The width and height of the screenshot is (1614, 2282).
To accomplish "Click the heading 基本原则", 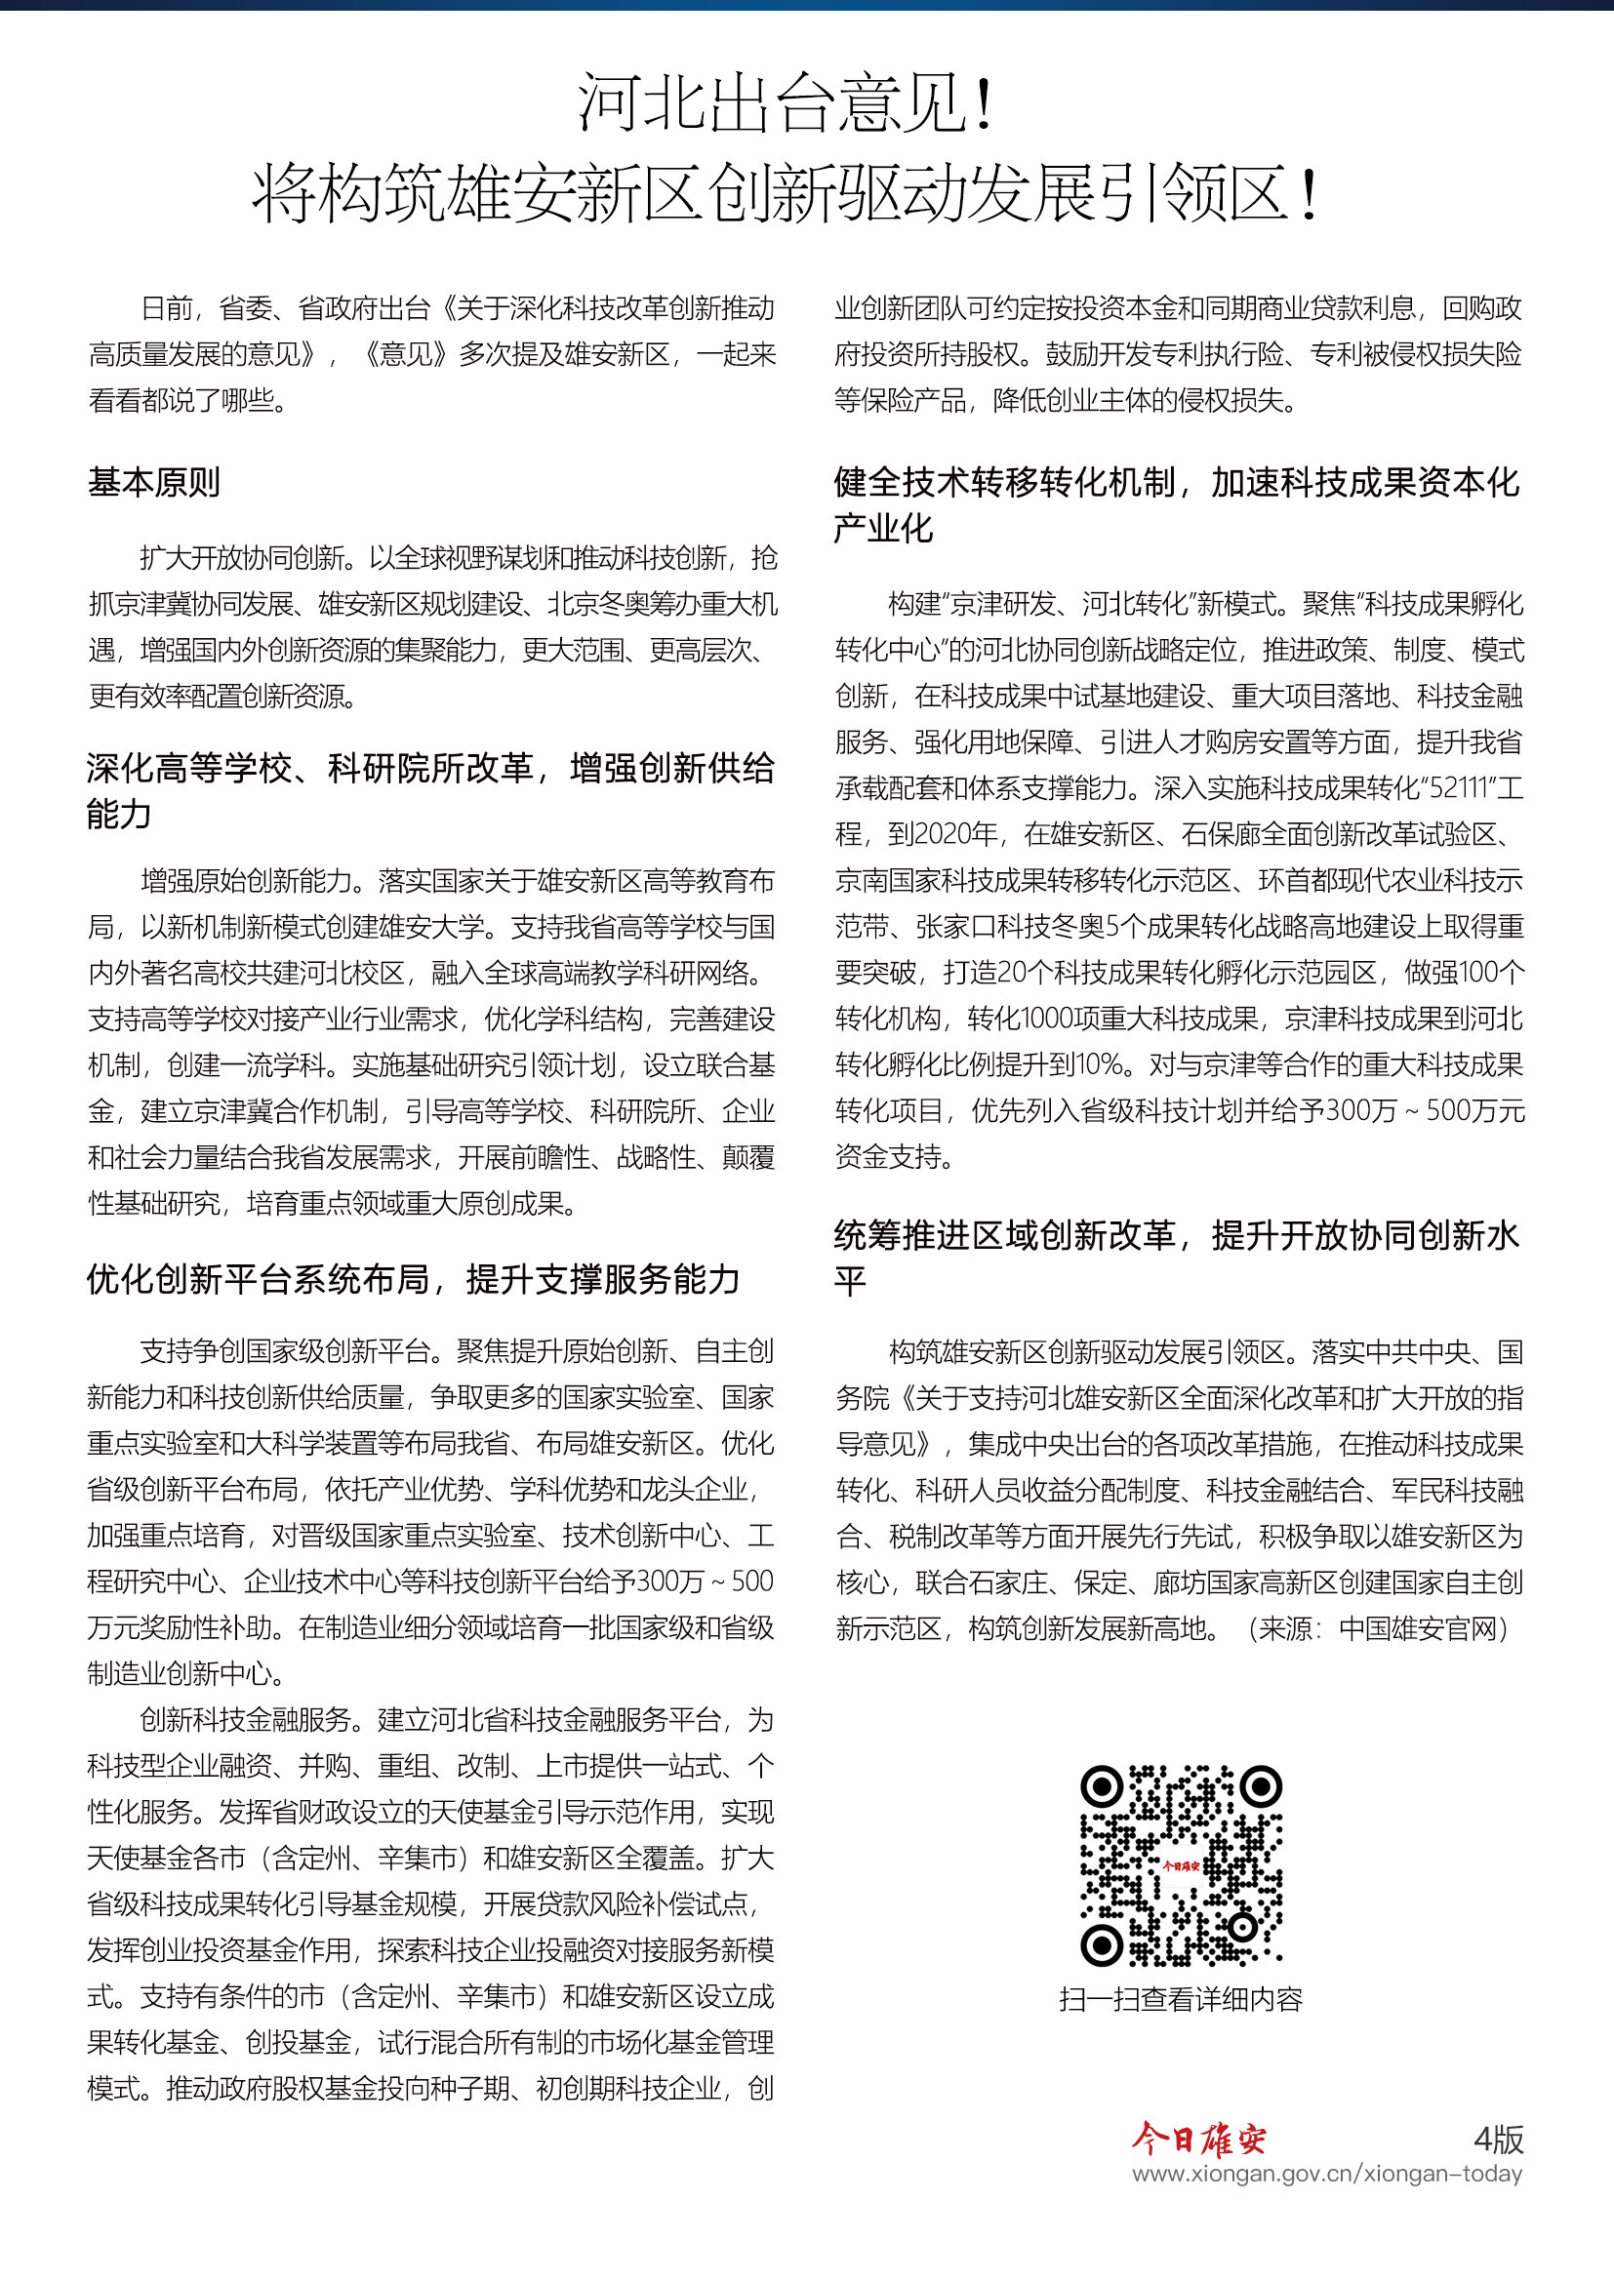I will click(154, 483).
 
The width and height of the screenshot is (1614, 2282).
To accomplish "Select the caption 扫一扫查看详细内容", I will click(1181, 1999).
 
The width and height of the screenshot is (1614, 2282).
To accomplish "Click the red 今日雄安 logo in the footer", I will click(1198, 2139).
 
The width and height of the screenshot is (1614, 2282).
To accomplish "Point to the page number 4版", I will click(1498, 2139).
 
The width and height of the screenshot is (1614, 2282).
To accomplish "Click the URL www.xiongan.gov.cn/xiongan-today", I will click(1327, 2174).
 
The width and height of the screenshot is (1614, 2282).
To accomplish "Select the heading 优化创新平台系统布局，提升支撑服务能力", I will click(414, 1280).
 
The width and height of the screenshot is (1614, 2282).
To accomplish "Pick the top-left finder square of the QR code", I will click(1101, 1787).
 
